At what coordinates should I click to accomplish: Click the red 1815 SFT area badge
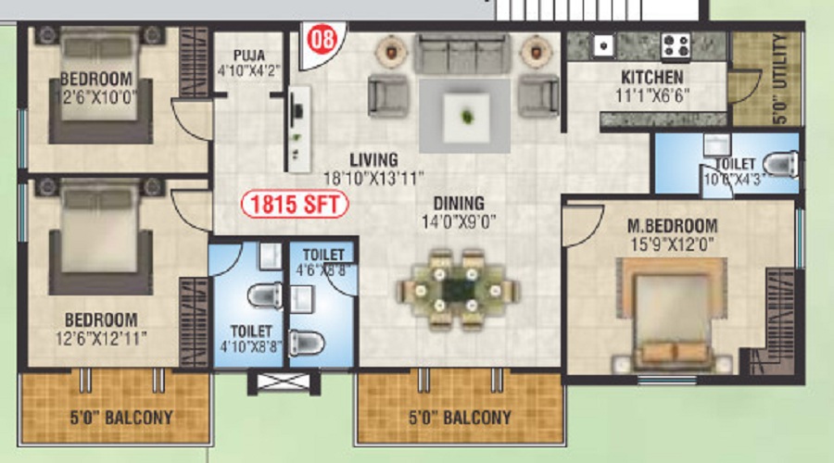295,204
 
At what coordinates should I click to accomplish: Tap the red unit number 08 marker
322,39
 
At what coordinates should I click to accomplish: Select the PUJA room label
249,56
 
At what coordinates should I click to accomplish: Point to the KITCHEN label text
652,78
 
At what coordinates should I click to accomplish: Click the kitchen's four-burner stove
676,45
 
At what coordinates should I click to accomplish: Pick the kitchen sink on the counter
603,45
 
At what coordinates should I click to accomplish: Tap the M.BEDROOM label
673,225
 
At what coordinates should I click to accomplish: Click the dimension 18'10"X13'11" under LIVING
374,178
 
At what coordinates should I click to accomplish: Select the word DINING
459,203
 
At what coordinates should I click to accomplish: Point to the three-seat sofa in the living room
461,53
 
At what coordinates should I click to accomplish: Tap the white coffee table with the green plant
466,116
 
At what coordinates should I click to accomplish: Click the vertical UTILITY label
779,80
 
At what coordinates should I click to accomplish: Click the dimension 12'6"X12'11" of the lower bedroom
101,338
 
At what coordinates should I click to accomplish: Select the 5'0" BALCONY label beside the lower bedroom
121,418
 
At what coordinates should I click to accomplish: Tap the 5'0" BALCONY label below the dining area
460,418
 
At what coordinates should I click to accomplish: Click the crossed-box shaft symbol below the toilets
284,382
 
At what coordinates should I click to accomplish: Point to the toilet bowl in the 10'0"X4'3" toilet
779,164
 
